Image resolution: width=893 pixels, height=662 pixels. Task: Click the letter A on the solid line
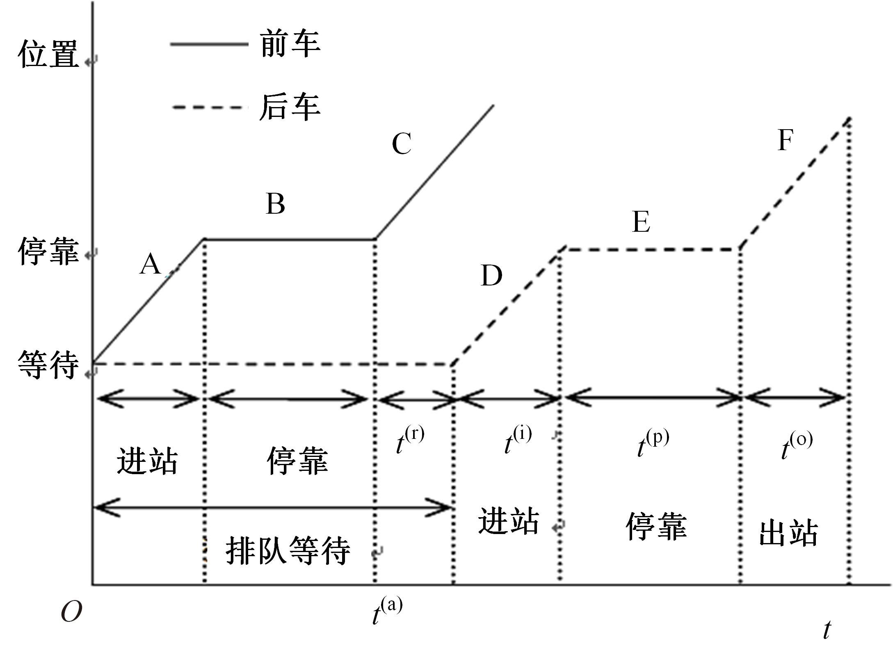click(150, 264)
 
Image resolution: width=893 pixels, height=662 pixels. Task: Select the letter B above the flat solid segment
click(275, 204)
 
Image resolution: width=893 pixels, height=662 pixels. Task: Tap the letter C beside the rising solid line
click(401, 144)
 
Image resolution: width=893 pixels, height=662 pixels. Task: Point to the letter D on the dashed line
click(491, 276)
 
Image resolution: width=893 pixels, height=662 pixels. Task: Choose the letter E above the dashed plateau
click(641, 222)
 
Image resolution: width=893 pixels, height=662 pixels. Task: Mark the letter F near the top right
click(785, 140)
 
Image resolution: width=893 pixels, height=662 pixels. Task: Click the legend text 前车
click(290, 44)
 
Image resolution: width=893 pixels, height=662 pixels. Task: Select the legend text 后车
click(290, 107)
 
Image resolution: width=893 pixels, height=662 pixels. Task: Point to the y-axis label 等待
click(48, 364)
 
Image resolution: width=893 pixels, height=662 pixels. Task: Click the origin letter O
click(71, 613)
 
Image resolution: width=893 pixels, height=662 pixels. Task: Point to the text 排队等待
click(288, 551)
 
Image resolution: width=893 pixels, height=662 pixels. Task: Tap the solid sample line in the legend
click(209, 44)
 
